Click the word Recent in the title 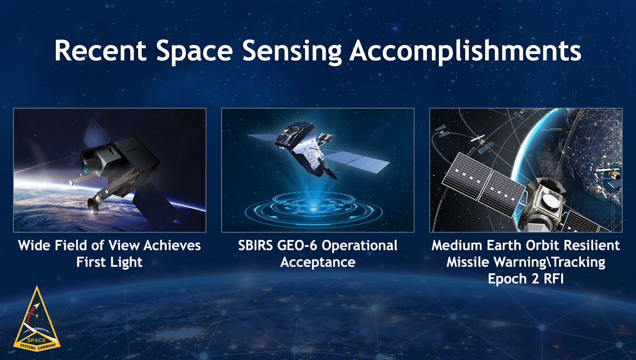[x=100, y=51]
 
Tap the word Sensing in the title [x=291, y=51]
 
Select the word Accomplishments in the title [x=465, y=51]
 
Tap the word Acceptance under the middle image [x=318, y=262]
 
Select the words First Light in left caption [x=109, y=262]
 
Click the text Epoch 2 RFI [x=526, y=279]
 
